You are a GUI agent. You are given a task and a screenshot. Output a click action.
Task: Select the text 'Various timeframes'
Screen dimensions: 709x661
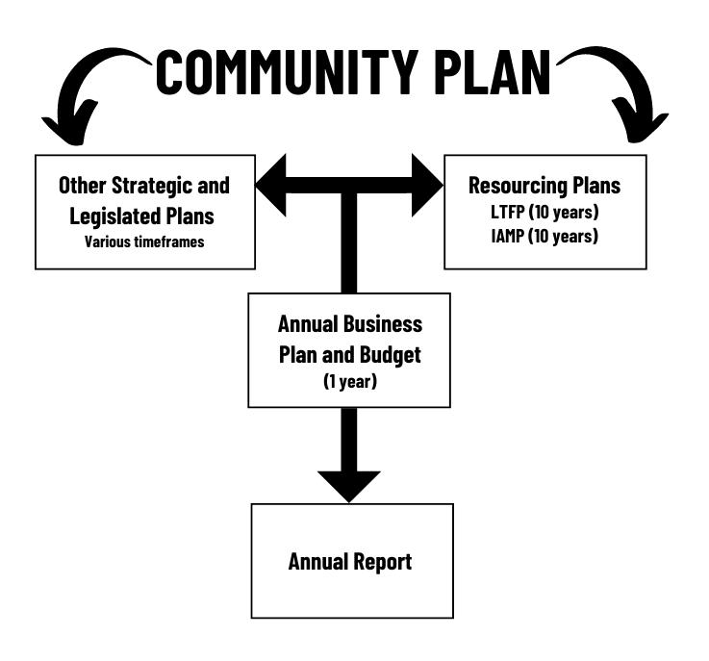coord(144,242)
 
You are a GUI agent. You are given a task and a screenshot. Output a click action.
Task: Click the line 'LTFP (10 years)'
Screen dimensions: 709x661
coord(544,212)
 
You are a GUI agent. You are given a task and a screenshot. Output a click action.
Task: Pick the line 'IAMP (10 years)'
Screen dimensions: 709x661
coord(544,236)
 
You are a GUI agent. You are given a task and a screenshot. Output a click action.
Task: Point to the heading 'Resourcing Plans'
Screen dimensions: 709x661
coord(544,185)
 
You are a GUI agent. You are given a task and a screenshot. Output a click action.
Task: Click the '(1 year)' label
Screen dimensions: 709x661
coord(349,381)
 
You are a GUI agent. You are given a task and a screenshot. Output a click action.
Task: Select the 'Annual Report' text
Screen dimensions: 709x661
coord(350,561)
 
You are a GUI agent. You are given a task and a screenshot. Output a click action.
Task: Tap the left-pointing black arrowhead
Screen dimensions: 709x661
coord(274,185)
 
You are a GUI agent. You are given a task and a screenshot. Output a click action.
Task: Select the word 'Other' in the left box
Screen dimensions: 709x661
coord(83,185)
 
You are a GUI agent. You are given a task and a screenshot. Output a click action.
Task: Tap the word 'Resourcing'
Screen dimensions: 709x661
coord(518,185)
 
